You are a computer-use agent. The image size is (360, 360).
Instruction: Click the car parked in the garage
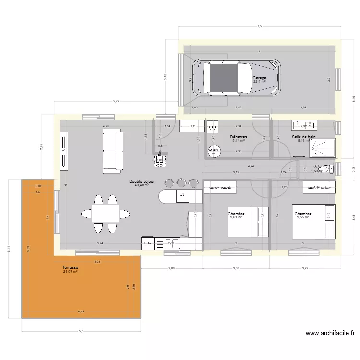point(237,78)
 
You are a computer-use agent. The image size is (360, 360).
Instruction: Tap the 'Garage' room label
point(259,78)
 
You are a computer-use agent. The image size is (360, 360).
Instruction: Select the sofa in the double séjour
point(112,152)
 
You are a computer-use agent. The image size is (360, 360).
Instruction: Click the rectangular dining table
point(105,214)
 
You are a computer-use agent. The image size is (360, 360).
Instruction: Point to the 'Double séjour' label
point(142,181)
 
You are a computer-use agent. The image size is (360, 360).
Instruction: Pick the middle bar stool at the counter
point(181,183)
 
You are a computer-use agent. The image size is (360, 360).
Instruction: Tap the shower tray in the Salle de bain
point(323,148)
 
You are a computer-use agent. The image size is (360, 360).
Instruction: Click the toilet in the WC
point(328,169)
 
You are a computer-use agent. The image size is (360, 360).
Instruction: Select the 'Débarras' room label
point(238,137)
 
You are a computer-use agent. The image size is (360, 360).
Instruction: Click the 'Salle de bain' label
point(304,137)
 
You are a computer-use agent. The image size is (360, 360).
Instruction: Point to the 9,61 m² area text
point(236,217)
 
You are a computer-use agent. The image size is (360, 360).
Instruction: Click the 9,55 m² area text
point(303,217)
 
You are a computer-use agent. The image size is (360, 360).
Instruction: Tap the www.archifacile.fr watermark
point(330,333)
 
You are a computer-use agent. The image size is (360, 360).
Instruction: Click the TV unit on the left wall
point(62,151)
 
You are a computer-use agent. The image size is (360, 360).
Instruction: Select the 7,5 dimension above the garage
point(259,27)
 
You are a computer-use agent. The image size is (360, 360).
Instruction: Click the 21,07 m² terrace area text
point(70,272)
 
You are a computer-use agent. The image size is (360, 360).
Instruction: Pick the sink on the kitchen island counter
point(182,195)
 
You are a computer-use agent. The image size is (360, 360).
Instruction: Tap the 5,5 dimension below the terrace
point(81,331)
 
